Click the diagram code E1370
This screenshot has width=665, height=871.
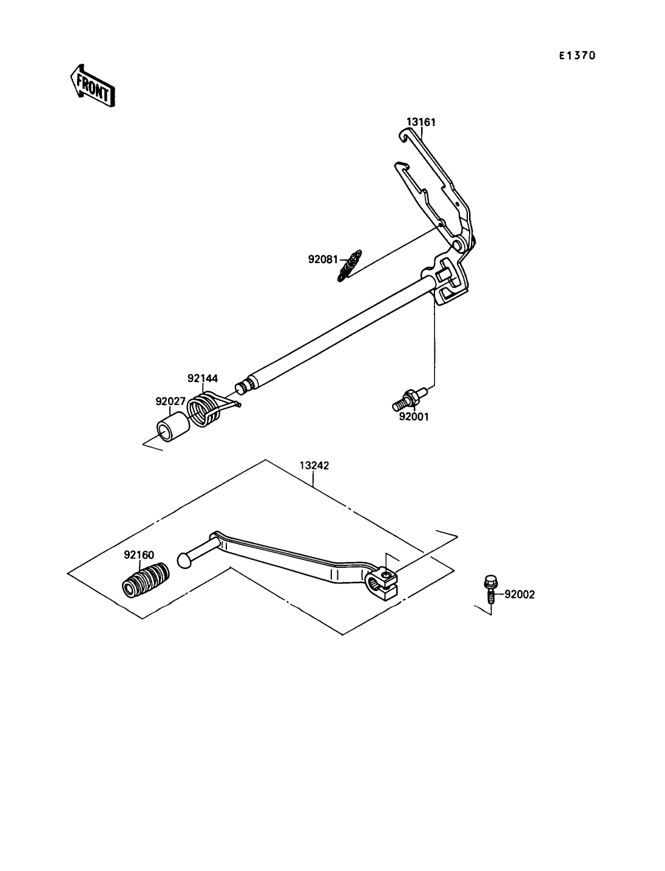click(x=577, y=56)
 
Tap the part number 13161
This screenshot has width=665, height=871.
click(x=421, y=122)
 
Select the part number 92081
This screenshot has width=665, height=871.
click(x=323, y=259)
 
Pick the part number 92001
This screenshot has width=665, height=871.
click(x=413, y=417)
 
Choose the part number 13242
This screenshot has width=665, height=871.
click(x=314, y=465)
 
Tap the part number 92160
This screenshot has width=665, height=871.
click(x=139, y=555)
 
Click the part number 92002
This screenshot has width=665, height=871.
click(x=519, y=595)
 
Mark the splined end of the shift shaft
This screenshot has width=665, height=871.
click(x=246, y=387)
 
